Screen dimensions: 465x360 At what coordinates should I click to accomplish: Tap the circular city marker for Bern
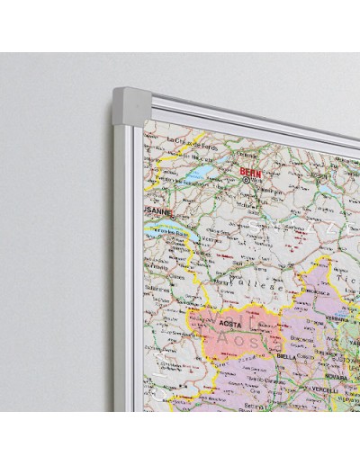(x=246, y=180)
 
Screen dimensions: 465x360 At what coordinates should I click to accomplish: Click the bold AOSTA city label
(x=224, y=319)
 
